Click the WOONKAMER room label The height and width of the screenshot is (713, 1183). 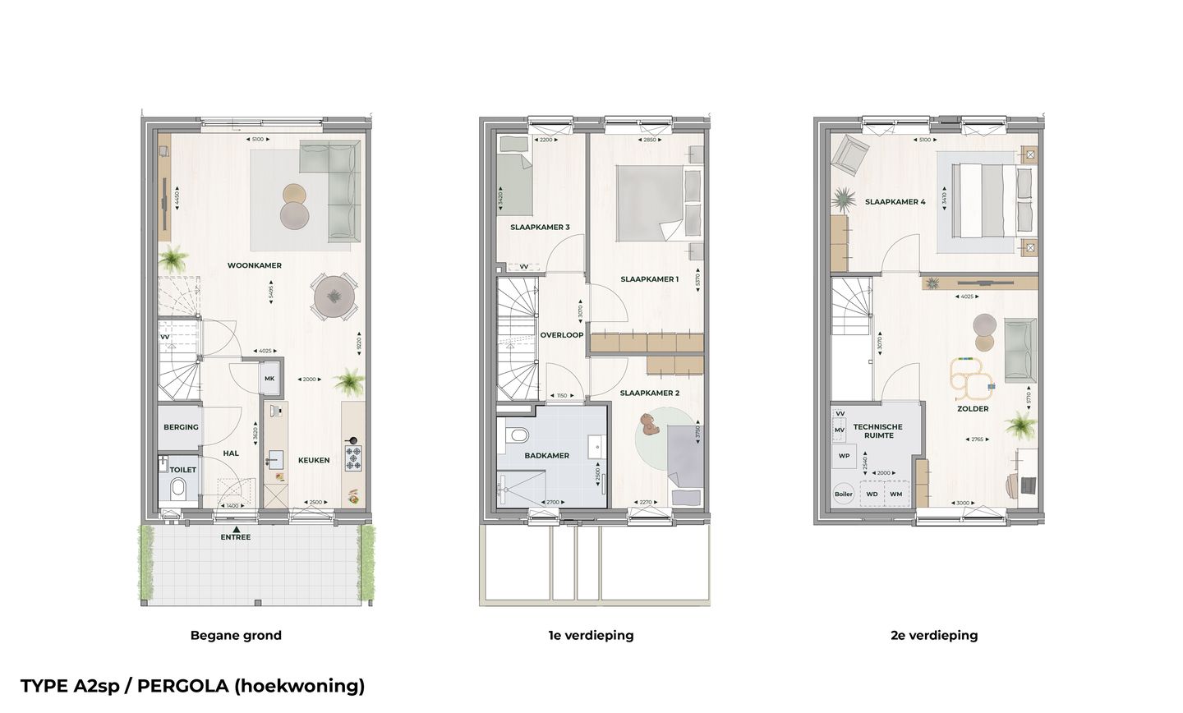255,265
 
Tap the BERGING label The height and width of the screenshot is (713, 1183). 181,427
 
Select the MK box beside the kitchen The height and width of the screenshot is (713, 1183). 269,379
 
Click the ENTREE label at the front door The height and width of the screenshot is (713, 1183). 236,537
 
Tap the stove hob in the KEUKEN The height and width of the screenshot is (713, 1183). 353,458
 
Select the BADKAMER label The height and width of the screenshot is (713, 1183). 547,455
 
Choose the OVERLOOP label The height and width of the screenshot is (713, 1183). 562,335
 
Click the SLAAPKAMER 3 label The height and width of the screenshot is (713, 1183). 540,228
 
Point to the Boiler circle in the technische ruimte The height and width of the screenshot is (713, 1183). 843,494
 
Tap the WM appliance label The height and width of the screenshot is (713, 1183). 895,494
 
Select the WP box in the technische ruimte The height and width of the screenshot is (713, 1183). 844,456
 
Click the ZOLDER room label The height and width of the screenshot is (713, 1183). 973,408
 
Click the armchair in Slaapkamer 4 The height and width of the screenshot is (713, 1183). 849,153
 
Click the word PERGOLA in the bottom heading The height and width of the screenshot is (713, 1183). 173,686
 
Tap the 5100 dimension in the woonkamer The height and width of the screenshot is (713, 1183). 257,140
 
